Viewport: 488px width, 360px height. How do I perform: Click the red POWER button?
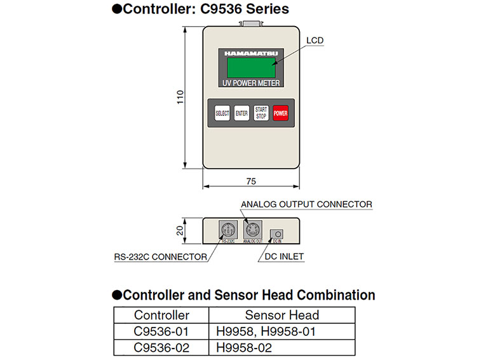281,113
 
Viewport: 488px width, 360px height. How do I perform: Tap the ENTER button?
241,113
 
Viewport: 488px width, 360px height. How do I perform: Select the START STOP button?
261,113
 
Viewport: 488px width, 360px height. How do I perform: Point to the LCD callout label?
315,41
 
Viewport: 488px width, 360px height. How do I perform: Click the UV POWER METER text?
250,83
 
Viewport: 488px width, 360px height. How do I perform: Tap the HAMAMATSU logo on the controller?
250,53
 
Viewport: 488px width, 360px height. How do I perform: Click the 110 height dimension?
180,97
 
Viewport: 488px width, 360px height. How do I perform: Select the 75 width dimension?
250,181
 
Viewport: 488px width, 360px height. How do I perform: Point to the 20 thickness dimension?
180,230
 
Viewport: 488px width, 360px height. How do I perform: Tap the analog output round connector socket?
251,229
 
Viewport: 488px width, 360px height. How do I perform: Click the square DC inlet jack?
276,234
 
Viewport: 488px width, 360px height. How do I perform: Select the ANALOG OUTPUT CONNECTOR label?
306,204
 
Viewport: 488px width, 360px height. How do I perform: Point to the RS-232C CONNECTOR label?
160,257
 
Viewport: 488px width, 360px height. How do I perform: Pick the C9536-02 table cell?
161,347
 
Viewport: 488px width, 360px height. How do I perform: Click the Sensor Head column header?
282,315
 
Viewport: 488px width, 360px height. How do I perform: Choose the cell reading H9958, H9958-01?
266,331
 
